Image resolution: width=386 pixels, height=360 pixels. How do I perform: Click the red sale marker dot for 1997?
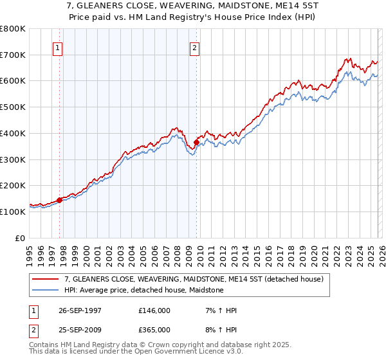pos(60,200)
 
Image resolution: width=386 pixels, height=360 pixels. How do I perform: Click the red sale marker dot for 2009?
pos(196,142)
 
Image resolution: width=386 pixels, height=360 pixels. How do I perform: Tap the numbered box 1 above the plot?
pos(58,47)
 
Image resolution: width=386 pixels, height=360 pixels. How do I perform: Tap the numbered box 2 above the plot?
pos(194,47)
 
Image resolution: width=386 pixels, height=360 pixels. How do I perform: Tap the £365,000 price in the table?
pos(154,330)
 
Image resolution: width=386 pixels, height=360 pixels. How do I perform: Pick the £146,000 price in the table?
pos(154,310)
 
